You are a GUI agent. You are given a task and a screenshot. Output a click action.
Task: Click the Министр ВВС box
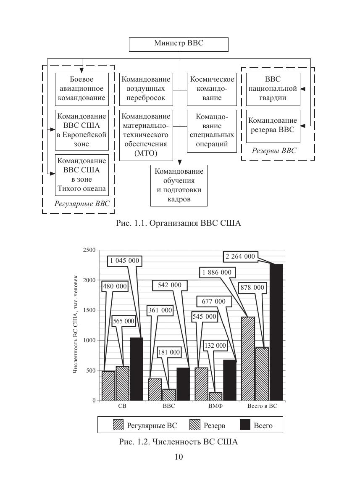pyautogui.click(x=179, y=44)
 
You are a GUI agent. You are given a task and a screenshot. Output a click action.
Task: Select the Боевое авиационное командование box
pyautogui.click(x=81, y=89)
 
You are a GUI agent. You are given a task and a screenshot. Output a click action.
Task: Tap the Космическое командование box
pyautogui.click(x=211, y=89)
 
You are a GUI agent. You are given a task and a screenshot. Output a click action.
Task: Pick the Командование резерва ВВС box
pyautogui.click(x=273, y=124)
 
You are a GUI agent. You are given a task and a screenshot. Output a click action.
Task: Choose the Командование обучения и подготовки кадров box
pyautogui.click(x=179, y=185)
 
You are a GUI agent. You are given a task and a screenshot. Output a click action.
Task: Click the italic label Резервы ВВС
pyautogui.click(x=274, y=151)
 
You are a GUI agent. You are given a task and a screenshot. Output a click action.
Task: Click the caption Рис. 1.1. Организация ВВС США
pyautogui.click(x=179, y=223)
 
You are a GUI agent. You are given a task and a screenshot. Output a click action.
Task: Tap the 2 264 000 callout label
pyautogui.click(x=240, y=256)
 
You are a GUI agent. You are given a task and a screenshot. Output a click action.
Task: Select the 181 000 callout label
pyautogui.click(x=169, y=352)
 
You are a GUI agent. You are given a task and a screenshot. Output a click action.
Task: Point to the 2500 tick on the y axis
pyautogui.click(x=89, y=250)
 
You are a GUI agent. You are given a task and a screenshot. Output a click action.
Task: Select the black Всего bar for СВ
pyautogui.click(x=136, y=369)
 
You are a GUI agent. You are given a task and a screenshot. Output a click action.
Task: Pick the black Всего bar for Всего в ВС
pyautogui.click(x=276, y=332)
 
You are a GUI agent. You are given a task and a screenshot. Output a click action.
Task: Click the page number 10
pyautogui.click(x=179, y=457)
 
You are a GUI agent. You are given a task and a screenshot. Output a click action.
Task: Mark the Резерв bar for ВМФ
pyautogui.click(x=215, y=396)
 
